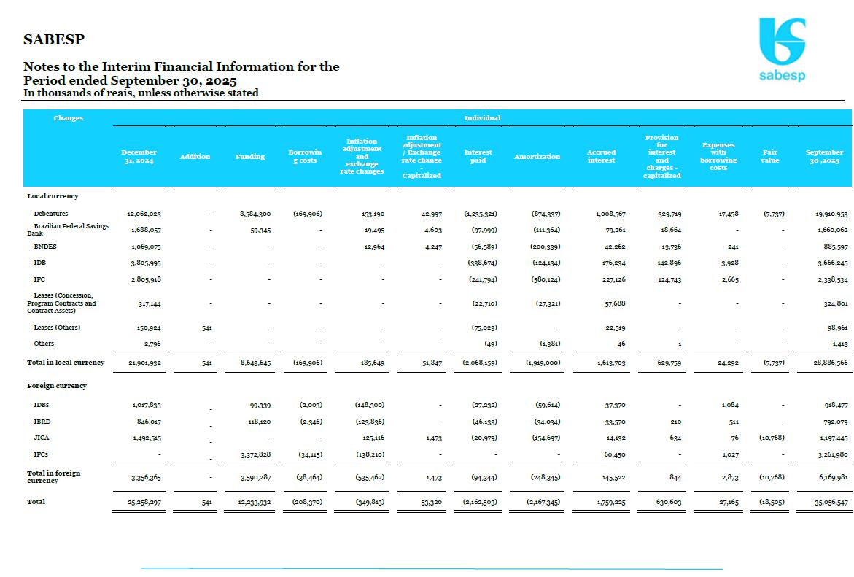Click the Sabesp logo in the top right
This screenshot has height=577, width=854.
[x=782, y=50]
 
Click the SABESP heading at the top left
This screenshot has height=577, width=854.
[x=54, y=39]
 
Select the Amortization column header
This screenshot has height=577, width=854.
[x=537, y=157]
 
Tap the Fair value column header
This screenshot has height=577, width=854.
[x=769, y=157]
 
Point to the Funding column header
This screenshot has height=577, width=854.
[x=249, y=157]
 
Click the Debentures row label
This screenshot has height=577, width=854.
[x=51, y=214]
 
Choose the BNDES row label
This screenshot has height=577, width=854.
[x=45, y=247]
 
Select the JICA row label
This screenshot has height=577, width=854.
[x=42, y=438]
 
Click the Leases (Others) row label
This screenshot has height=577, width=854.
[x=57, y=328]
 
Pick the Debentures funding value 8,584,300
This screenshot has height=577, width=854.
[x=255, y=214]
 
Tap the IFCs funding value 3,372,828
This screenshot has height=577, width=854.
[x=255, y=455]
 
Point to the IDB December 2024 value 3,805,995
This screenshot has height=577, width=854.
[x=144, y=263]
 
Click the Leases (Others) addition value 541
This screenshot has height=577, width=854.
[x=206, y=328]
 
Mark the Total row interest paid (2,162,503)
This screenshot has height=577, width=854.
[x=481, y=502]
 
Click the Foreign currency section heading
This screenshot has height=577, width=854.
[x=57, y=386]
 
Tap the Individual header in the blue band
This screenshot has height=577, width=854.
[x=482, y=118]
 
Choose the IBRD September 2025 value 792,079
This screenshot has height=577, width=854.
[x=833, y=422]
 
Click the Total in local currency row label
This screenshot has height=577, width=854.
[x=66, y=363]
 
